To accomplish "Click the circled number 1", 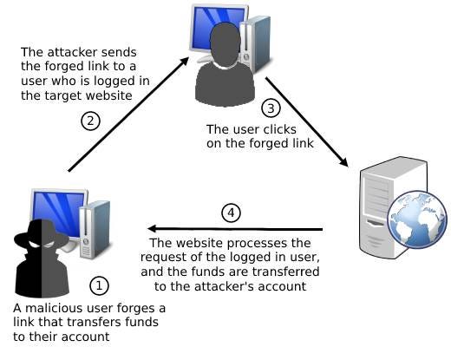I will [101, 284].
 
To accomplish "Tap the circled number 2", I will [89, 121].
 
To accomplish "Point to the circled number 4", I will [230, 213].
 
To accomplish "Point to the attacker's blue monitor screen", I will [57, 208].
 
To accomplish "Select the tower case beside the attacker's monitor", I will [97, 228].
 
